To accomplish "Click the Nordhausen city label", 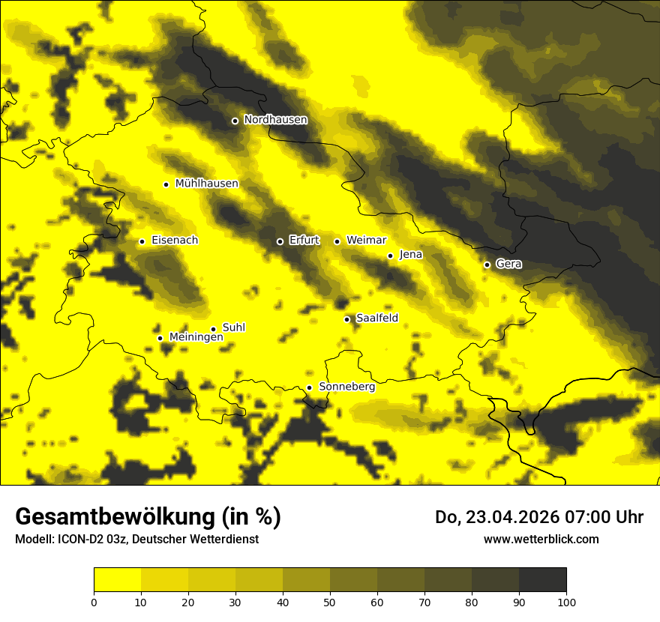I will point(275,119).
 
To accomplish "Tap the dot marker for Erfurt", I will point(280,241).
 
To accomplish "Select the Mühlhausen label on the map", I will point(206,183).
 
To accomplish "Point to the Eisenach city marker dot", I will point(142,241).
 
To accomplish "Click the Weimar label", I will point(366,240).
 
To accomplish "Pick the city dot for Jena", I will point(390,256).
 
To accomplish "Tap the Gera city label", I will point(508,264).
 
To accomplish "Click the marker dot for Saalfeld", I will point(346,319).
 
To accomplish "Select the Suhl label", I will point(233,327).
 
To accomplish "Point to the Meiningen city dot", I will point(160,338).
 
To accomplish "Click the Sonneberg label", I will point(346,387).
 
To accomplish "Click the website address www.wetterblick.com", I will point(541,539).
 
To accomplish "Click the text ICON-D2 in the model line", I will point(79,540).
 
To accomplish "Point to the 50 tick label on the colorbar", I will point(330,601).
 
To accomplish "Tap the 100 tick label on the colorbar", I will point(566,601).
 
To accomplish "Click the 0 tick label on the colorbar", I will point(94,601).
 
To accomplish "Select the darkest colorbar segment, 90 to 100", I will point(542,579).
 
